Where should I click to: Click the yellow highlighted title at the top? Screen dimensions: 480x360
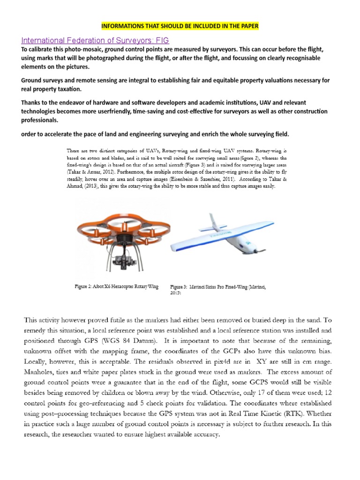[180, 25]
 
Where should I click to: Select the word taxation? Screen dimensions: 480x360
[69, 89]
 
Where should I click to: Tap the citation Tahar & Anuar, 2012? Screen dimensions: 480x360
[87, 172]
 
